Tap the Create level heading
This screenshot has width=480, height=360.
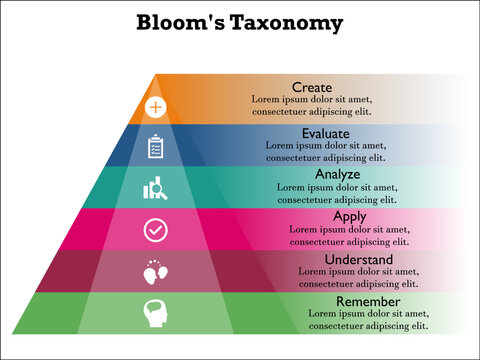coord(311,87)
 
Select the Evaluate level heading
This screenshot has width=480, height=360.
coord(325,132)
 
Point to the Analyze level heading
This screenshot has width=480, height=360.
coord(337,174)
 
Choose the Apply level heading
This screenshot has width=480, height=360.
coord(349,216)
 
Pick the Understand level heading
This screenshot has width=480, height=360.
coord(361,258)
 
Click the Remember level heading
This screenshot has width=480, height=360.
coord(368,301)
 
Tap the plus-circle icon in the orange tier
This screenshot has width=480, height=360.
coord(155,106)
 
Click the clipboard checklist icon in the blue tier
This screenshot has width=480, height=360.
coord(155,147)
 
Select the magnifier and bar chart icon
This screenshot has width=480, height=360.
coord(155,188)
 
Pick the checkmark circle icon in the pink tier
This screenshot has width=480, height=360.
coord(155,230)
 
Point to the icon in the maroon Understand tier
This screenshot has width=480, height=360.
coord(155,271)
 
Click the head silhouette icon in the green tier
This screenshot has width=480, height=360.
coord(155,313)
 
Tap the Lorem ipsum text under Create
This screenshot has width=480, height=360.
coord(311,107)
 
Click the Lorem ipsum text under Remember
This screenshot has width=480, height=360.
coord(368,320)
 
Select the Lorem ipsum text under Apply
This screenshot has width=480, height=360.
coord(349,235)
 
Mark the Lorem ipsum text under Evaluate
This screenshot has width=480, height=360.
coord(325,151)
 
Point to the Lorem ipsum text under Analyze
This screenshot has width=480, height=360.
coord(337,193)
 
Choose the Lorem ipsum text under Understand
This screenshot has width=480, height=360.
coord(361,277)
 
